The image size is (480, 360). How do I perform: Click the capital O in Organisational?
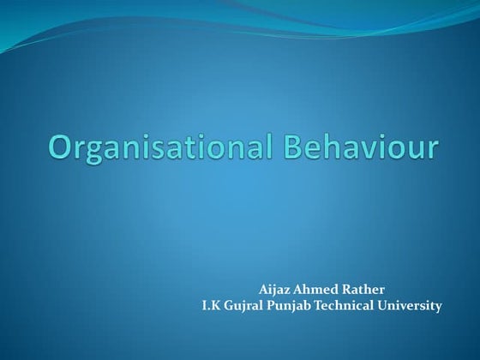[62, 147]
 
